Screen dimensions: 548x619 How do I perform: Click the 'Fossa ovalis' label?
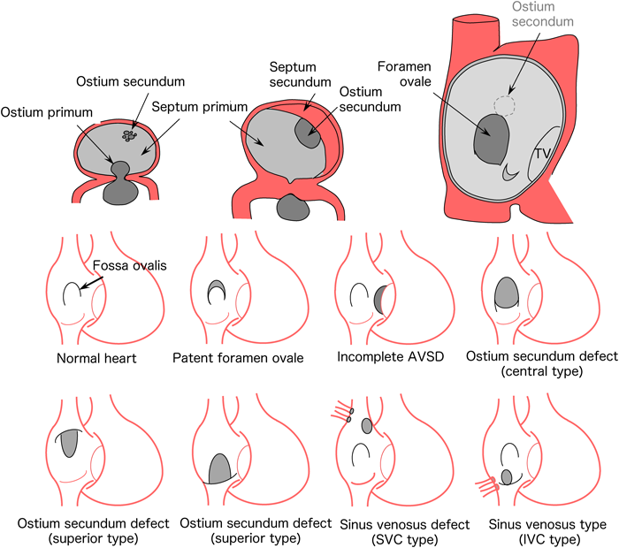pyautogui.click(x=129, y=264)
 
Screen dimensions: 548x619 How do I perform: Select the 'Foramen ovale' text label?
pyautogui.click(x=403, y=77)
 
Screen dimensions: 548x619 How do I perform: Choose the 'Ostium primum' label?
pyautogui.click(x=41, y=111)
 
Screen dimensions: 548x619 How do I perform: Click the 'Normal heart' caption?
pyautogui.click(x=88, y=359)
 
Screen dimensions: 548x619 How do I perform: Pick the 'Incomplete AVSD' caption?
pyautogui.click(x=378, y=359)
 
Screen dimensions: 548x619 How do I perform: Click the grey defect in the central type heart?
pyautogui.click(x=506, y=293)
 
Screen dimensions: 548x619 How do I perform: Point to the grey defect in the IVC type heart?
pyautogui.click(x=508, y=477)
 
